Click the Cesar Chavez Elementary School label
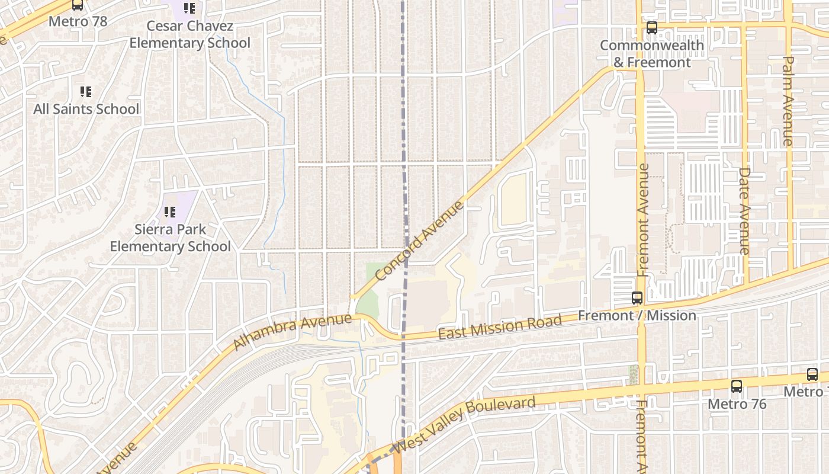(x=189, y=34)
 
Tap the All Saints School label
(x=86, y=109)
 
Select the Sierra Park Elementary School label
(x=171, y=238)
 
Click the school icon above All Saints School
(x=86, y=92)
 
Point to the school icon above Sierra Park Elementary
(x=170, y=212)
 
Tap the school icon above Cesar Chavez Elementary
(x=189, y=8)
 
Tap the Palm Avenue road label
(x=788, y=101)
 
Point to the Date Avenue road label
(x=744, y=211)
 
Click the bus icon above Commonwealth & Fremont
(x=652, y=27)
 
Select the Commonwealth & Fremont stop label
(x=651, y=54)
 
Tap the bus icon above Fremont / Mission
(x=637, y=298)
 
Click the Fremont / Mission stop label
(x=637, y=315)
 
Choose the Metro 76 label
(x=737, y=404)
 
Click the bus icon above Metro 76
(x=737, y=386)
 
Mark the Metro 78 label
(x=78, y=21)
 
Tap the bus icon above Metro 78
(x=78, y=5)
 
